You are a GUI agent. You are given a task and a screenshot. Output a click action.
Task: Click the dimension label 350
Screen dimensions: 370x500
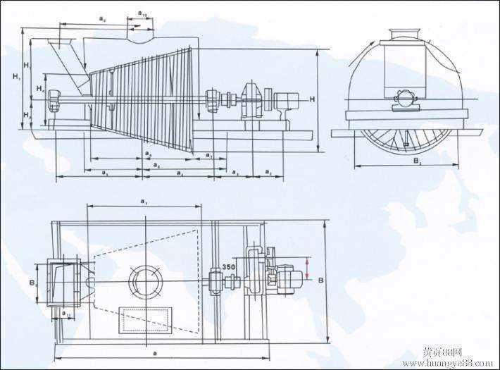(228, 267)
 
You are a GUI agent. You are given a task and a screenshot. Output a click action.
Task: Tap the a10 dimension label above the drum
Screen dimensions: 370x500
(142, 13)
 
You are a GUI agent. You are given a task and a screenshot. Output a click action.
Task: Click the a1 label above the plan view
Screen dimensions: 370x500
(144, 202)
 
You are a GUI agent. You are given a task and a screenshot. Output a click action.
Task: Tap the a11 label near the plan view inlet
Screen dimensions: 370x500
(65, 311)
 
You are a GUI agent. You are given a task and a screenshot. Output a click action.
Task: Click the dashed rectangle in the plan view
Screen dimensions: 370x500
(146, 319)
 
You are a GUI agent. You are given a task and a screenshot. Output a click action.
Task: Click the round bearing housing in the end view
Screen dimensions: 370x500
(405, 99)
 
